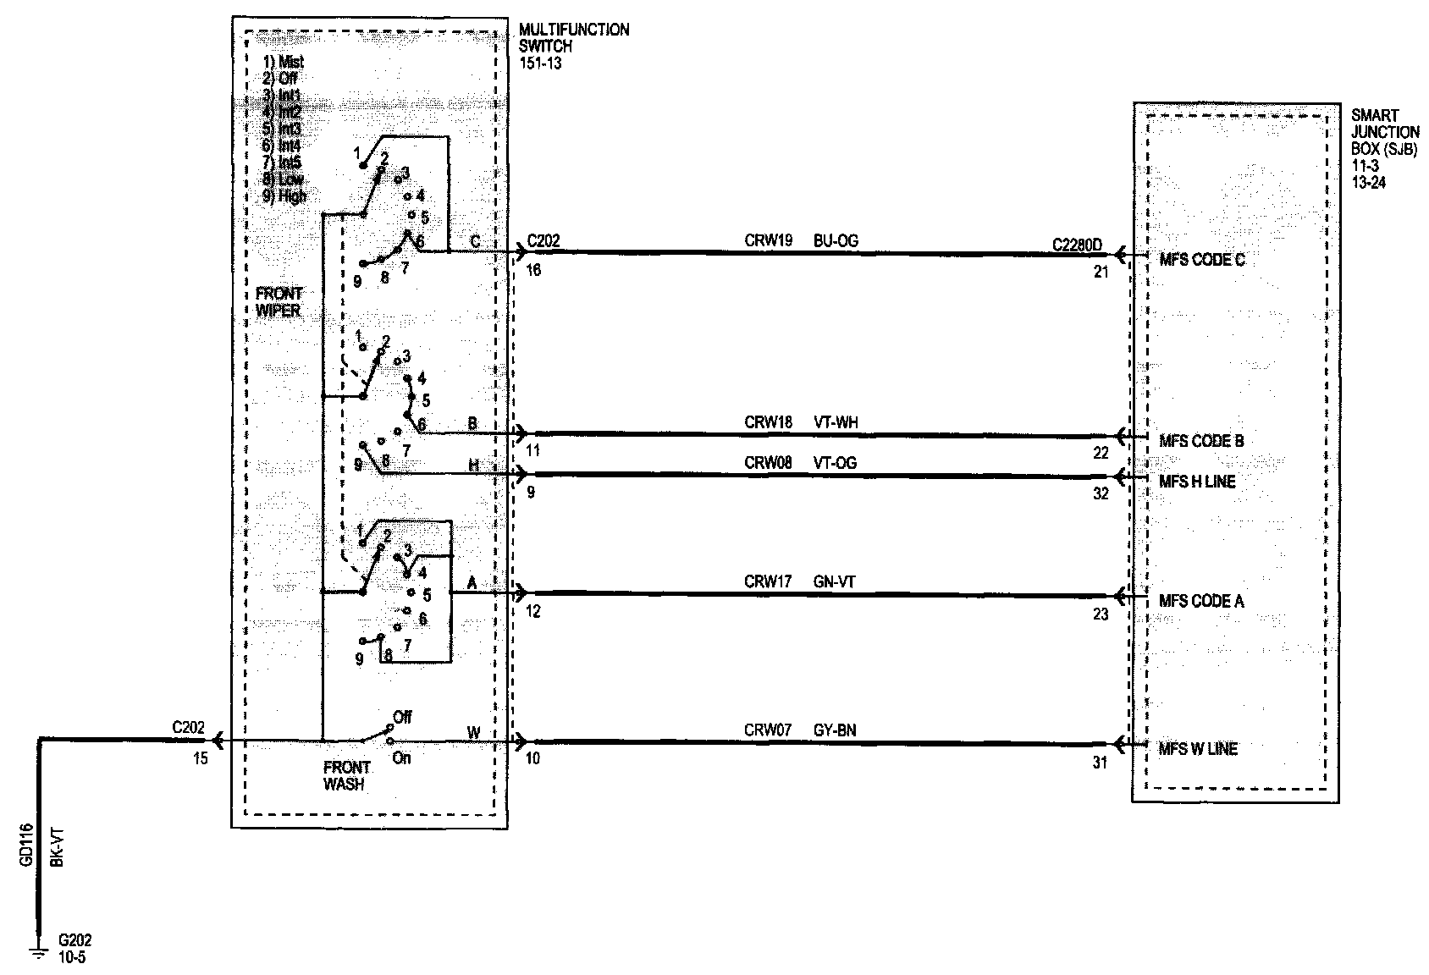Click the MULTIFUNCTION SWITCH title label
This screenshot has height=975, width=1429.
[x=573, y=38]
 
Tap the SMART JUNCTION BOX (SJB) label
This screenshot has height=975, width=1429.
[x=1385, y=140]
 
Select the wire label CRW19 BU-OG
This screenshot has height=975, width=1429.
[x=801, y=241]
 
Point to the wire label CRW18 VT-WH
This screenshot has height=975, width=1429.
[x=801, y=422]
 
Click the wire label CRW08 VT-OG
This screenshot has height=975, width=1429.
[x=801, y=463]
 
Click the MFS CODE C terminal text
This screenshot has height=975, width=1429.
[x=1201, y=260]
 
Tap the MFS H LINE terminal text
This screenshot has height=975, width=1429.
[x=1197, y=482]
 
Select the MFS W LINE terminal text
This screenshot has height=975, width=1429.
[x=1198, y=749]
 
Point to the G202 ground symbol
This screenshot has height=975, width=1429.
[x=38, y=953]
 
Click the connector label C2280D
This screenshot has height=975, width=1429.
[x=1078, y=245]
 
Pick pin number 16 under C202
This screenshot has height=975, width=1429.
[x=533, y=271]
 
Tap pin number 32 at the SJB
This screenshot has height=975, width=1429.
[x=1101, y=494]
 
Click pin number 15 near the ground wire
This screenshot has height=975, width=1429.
[x=200, y=758]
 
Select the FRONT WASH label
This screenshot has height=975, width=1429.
[x=347, y=776]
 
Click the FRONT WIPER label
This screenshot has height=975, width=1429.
[x=279, y=302]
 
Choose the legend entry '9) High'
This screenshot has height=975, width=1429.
[x=285, y=196]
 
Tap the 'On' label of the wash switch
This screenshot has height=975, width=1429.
[x=401, y=758]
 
